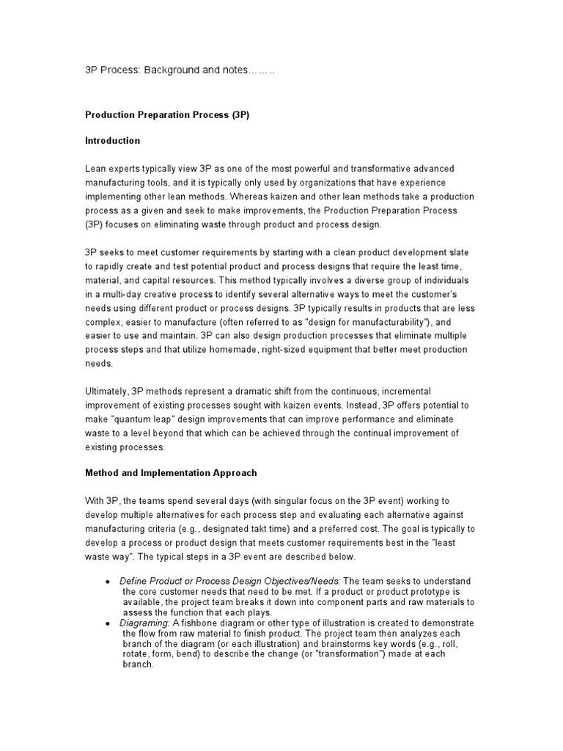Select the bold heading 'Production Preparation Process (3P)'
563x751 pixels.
pyautogui.click(x=167, y=116)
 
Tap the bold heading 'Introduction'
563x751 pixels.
pyautogui.click(x=112, y=141)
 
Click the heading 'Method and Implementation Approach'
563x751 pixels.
pyautogui.click(x=171, y=473)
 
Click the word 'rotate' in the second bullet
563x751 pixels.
pyautogui.click(x=136, y=654)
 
